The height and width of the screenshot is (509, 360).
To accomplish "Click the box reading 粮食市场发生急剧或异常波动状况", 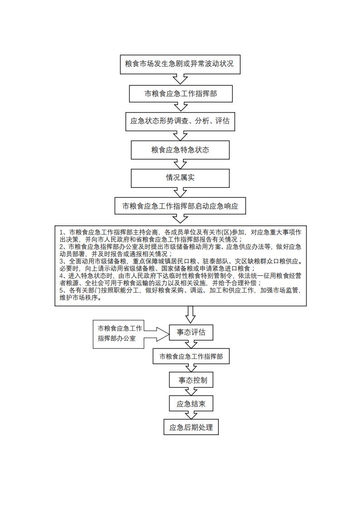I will click(180, 64).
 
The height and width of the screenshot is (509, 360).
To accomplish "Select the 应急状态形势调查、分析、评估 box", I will click(180, 121).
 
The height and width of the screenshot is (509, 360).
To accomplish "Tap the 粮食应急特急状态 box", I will click(180, 150).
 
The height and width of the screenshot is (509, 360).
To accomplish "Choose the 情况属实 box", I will click(180, 178).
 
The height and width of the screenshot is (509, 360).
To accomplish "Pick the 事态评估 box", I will click(191, 333).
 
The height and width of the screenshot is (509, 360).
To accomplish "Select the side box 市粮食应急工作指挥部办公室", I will click(118, 333).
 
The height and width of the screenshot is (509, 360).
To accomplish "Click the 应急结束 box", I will click(191, 403).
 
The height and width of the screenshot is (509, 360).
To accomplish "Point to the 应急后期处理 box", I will click(191, 427).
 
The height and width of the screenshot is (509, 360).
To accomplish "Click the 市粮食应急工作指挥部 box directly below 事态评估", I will click(191, 357).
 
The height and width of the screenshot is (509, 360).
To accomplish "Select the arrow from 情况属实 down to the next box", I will click(180, 192).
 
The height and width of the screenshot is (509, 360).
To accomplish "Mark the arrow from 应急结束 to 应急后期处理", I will click(191, 415).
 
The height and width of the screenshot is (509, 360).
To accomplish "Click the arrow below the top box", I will click(180, 79).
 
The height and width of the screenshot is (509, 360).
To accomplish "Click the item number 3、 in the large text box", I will click(63, 262).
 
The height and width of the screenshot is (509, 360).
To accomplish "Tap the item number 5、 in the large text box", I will click(63, 291).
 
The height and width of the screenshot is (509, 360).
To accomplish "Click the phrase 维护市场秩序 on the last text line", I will click(78, 299).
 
